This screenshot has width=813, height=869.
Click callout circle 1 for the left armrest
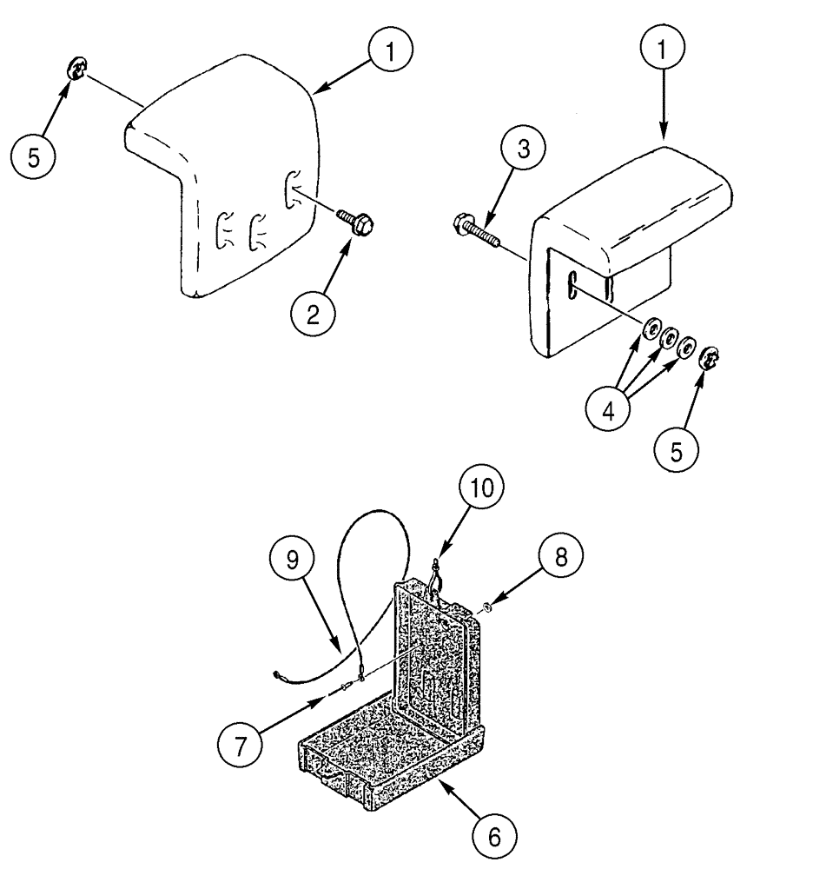tap(389, 53)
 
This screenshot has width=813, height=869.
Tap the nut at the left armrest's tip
tap(76, 67)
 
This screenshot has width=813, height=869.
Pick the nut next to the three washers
tap(708, 357)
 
